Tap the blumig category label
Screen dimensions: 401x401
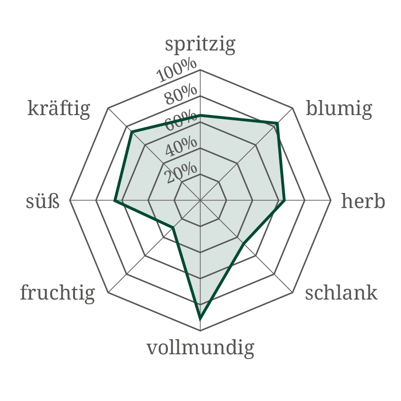[x=339, y=109]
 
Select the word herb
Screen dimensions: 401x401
[x=363, y=201]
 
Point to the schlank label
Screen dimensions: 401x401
[x=341, y=293]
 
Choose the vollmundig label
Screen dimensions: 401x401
[x=200, y=349]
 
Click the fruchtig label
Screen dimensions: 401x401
[x=58, y=293]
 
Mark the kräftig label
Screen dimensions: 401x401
[x=58, y=109]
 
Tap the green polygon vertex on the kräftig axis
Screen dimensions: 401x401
[x=130, y=130]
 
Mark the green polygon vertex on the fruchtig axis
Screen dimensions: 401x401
[x=173, y=228]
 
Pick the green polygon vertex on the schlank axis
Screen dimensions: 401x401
[x=244, y=244]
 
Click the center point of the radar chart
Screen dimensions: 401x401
[x=200, y=200]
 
